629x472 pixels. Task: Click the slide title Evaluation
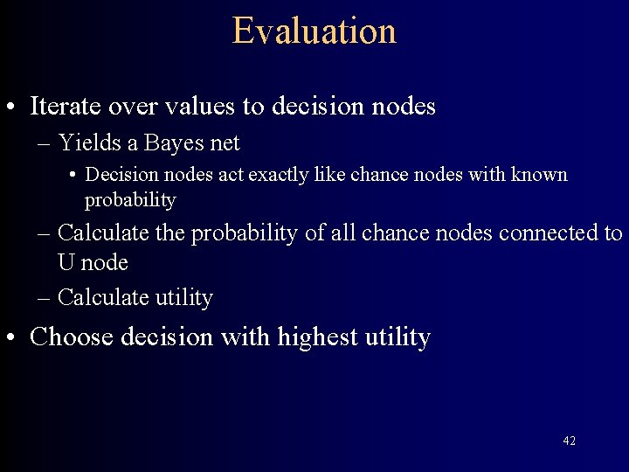pos(314,31)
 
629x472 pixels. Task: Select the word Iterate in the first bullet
pos(66,107)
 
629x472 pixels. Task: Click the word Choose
pos(73,337)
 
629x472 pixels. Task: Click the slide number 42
pos(569,441)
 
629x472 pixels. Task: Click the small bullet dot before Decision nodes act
pos(73,176)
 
